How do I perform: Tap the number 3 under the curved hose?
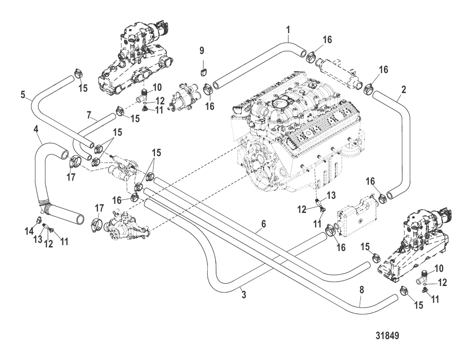(x=243, y=295)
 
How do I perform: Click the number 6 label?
(x=263, y=224)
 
